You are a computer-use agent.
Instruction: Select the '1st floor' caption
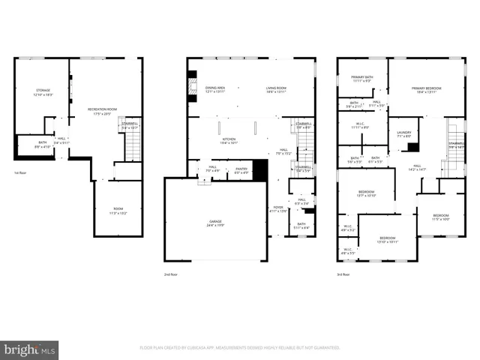click(20, 172)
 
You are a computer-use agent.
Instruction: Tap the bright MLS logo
click(29, 349)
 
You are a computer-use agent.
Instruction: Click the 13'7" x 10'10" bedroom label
click(366, 193)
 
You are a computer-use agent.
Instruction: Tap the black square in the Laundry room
click(412, 147)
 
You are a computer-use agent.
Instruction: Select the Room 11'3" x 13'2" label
click(118, 211)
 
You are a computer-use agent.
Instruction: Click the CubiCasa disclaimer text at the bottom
click(239, 348)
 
